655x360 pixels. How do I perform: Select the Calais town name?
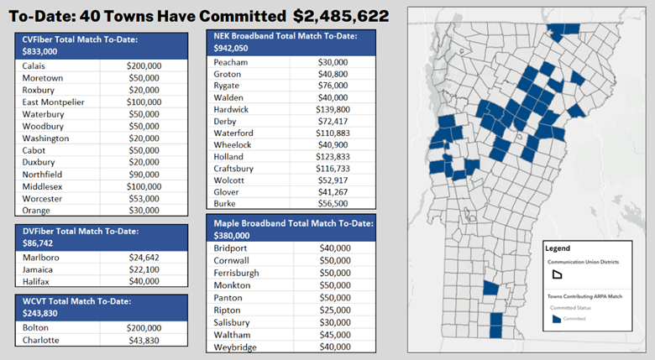[34, 65]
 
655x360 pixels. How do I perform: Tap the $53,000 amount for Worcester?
[144, 198]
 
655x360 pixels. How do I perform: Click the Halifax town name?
[36, 281]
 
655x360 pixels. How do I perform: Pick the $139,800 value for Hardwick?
[334, 109]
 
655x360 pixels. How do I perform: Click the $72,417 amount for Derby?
[334, 121]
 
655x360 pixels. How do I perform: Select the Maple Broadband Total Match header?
[293, 229]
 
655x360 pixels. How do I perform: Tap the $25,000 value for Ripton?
[334, 310]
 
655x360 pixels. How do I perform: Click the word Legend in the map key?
[558, 248]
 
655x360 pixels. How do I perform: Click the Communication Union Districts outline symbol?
[555, 274]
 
